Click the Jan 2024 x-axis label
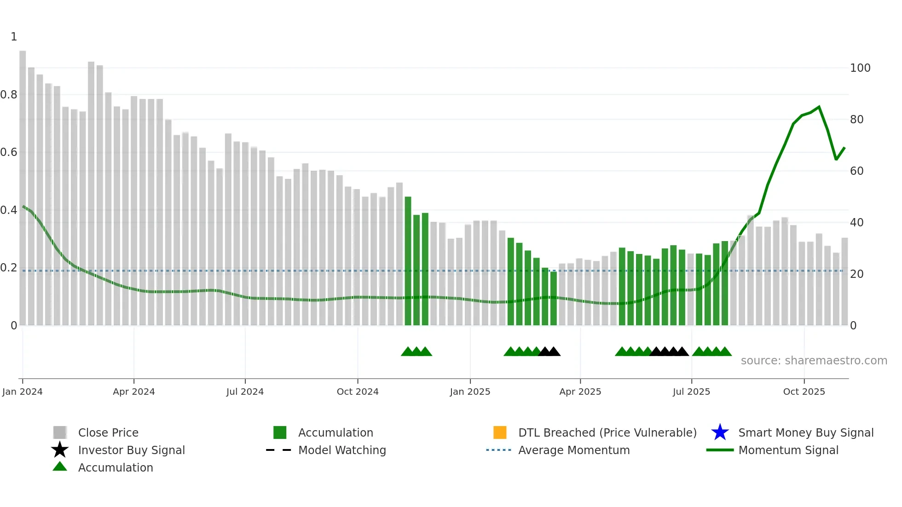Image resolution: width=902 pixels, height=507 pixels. pyautogui.click(x=22, y=392)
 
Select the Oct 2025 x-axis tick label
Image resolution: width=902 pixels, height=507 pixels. pyautogui.click(x=804, y=392)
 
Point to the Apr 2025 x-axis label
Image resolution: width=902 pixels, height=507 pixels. pyautogui.click(x=580, y=392)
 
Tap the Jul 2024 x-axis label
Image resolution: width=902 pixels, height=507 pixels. pyautogui.click(x=245, y=392)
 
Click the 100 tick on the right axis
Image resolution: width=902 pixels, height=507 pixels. pyautogui.click(x=860, y=68)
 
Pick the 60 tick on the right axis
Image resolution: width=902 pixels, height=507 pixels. pyautogui.click(x=857, y=171)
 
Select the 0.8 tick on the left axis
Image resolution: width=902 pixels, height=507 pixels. pyautogui.click(x=9, y=95)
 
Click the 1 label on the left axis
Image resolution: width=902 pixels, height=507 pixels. pyautogui.click(x=14, y=37)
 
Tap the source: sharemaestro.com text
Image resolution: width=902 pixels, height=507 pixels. pyautogui.click(x=814, y=361)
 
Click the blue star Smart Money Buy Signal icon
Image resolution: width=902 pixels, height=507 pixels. pyautogui.click(x=720, y=432)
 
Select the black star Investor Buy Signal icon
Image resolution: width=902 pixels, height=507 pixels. pyautogui.click(x=60, y=450)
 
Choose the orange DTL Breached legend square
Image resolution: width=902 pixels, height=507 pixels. pyautogui.click(x=500, y=432)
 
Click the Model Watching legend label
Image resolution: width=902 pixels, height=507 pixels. pyautogui.click(x=342, y=450)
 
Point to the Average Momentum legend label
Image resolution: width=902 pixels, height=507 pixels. pyautogui.click(x=574, y=450)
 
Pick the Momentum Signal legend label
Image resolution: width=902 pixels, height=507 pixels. pyautogui.click(x=788, y=450)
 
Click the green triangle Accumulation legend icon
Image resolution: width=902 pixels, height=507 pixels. pyautogui.click(x=60, y=467)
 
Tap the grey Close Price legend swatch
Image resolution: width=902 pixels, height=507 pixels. pyautogui.click(x=60, y=432)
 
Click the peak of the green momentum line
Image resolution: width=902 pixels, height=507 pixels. pyautogui.click(x=819, y=107)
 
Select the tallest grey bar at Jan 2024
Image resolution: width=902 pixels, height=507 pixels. pyautogui.click(x=23, y=184)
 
